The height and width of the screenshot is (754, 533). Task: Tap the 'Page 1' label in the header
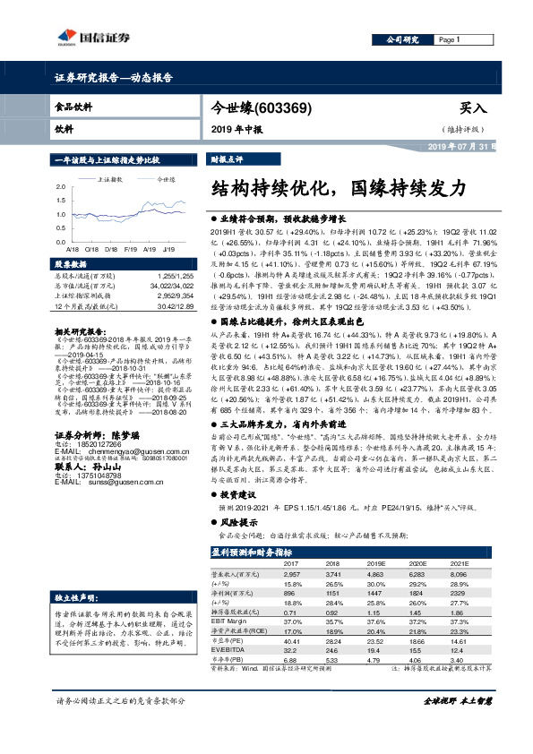point(450,40)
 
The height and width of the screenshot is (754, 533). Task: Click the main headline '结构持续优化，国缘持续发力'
point(338,188)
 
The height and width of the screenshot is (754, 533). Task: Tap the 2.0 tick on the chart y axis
point(61,184)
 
